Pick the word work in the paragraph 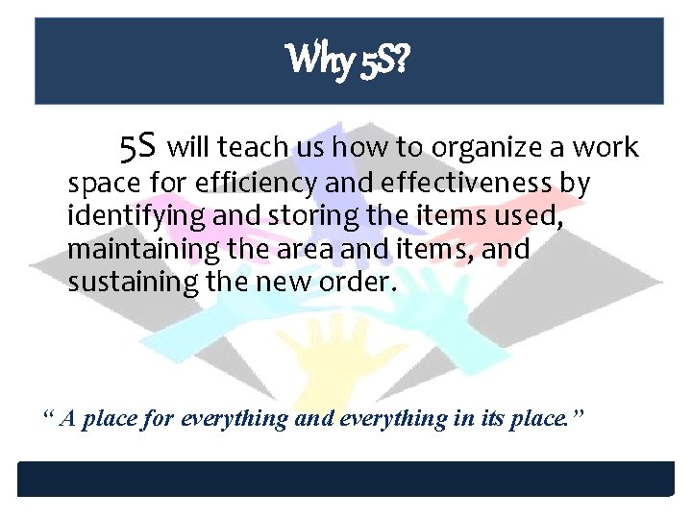[605, 147]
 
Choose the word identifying [136, 216]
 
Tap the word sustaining [130, 283]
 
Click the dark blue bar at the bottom [346, 480]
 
